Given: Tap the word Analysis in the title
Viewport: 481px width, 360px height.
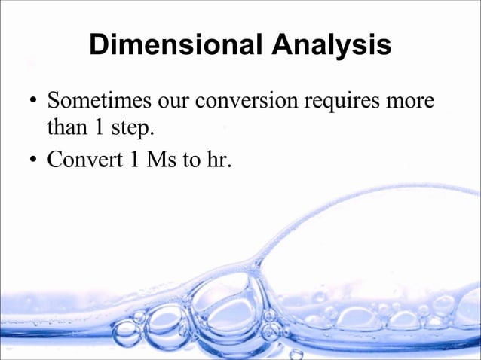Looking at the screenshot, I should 327,45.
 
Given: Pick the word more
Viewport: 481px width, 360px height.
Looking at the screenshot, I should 414,101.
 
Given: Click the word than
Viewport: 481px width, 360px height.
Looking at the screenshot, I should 66,127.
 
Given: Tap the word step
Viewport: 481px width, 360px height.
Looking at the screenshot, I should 133,129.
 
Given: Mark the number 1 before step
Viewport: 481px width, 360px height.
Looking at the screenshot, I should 100,127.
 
